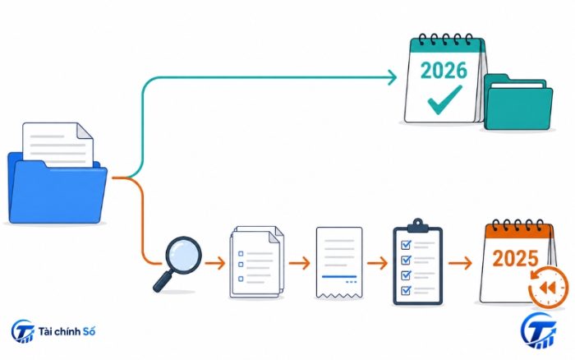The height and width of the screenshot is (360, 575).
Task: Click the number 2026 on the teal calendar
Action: tap(444, 71)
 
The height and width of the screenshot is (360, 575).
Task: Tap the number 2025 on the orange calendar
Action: tap(515, 258)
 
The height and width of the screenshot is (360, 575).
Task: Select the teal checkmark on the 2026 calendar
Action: tap(445, 99)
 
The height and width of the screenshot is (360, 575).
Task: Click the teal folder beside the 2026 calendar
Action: tap(518, 102)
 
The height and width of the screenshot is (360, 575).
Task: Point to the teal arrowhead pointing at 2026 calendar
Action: tap(393, 77)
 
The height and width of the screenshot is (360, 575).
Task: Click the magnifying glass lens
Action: tap(183, 255)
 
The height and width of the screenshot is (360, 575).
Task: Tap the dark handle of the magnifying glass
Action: tap(163, 282)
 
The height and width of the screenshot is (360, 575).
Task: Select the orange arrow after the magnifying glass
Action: tap(215, 263)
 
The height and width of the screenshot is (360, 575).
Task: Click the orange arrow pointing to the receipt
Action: tap(299, 263)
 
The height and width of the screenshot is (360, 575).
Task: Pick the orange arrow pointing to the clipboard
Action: tap(377, 263)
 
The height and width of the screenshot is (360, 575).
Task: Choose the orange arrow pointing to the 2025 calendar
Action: tap(460, 263)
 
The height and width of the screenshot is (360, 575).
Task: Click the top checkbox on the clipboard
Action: tap(406, 244)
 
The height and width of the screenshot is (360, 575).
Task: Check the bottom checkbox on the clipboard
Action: tap(406, 290)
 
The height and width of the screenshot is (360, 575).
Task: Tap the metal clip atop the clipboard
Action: tap(417, 226)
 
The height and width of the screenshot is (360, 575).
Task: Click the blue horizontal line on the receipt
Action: tap(339, 276)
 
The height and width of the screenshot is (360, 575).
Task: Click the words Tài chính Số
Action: tap(67, 331)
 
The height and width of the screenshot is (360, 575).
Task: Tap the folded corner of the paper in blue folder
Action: tap(85, 131)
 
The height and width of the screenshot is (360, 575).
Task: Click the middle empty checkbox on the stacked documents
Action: tap(241, 265)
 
